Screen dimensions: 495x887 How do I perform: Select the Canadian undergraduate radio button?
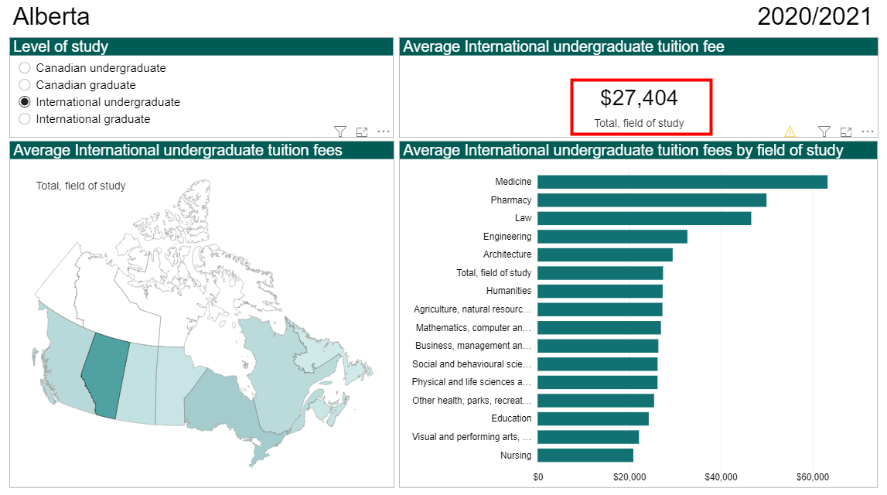(x=25, y=68)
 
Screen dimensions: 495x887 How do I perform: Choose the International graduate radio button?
(x=25, y=119)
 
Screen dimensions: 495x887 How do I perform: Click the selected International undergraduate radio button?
(x=25, y=102)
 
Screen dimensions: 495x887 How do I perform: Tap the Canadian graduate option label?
(x=85, y=85)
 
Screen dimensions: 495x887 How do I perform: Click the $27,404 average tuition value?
(x=639, y=98)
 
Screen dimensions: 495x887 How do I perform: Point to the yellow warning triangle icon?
(x=790, y=131)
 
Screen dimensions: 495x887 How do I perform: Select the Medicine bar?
(x=682, y=182)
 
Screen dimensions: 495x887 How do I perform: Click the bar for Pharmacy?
(x=652, y=200)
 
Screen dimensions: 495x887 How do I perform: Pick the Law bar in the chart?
(x=644, y=218)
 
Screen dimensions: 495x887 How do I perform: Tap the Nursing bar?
(x=585, y=456)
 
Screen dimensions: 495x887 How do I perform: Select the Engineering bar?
(x=612, y=237)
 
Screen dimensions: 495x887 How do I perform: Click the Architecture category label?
(x=507, y=254)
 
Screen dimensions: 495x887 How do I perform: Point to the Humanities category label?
(x=509, y=291)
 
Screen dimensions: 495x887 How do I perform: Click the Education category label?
(x=511, y=418)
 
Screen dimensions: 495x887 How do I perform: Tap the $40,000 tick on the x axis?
(x=721, y=476)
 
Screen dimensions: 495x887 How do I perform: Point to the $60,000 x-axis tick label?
(x=813, y=476)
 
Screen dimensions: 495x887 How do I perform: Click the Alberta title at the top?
(x=51, y=16)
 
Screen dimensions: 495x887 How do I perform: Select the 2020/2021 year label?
(x=814, y=16)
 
